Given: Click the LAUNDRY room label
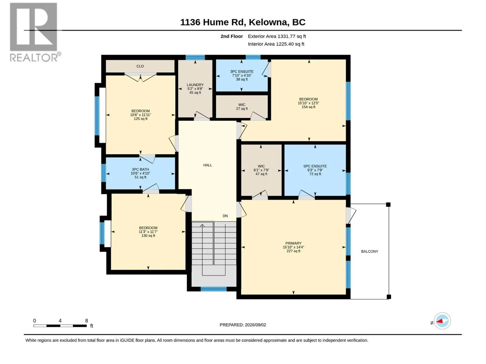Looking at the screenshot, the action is [195, 85].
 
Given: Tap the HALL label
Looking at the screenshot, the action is [207, 165].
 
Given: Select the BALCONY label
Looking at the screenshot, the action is [370, 251].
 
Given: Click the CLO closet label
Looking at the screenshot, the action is [140, 66].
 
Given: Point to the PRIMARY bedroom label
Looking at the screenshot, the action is [293, 243].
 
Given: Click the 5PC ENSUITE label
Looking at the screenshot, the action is [315, 166].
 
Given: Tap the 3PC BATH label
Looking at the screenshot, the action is [140, 170].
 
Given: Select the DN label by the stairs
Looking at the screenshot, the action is [225, 216].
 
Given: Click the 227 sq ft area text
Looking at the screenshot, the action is [293, 251].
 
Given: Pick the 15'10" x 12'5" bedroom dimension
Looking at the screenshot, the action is [308, 103].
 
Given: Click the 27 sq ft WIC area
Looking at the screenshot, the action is [242, 109].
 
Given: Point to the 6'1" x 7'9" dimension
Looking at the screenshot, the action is [261, 170].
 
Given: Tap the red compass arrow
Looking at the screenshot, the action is [439, 321].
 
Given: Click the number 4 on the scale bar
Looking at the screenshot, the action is [60, 321].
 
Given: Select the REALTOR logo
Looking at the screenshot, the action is [35, 32].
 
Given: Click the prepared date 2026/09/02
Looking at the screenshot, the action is [255, 325].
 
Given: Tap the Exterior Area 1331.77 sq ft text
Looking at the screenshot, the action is [277, 36].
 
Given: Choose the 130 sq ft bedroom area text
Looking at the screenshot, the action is [148, 236].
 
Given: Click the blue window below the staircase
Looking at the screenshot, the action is [214, 289].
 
